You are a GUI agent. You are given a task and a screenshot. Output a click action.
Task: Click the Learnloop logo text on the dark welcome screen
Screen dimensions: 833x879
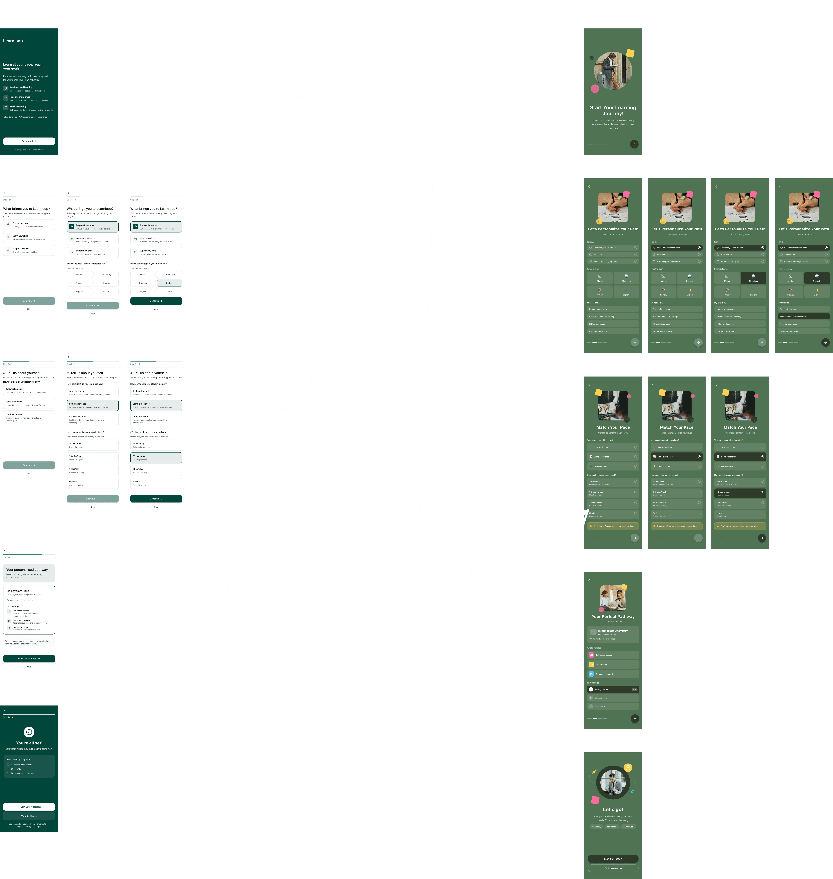[13, 41]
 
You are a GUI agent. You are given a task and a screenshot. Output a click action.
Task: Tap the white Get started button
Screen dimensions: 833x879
[29, 141]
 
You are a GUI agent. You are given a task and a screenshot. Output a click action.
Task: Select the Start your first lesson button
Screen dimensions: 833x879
[29, 807]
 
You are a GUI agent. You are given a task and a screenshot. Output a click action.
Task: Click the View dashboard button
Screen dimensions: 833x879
[29, 816]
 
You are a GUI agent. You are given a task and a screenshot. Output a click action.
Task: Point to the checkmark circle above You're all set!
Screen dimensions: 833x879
[29, 732]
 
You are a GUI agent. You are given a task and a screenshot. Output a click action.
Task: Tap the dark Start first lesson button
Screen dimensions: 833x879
[613, 859]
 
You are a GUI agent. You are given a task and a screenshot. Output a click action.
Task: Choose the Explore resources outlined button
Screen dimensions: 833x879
[613, 868]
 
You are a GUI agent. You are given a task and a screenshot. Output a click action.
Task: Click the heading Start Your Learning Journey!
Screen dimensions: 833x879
[613, 111]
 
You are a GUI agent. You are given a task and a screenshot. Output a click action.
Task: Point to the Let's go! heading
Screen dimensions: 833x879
[613, 809]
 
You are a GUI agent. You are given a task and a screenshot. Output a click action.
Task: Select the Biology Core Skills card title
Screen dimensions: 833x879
[18, 591]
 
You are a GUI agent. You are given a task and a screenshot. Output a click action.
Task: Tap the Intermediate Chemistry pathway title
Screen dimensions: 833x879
[613, 631]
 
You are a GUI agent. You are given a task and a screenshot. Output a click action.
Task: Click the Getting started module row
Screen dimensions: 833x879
[613, 689]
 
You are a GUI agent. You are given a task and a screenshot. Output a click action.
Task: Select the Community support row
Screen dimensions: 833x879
[613, 674]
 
